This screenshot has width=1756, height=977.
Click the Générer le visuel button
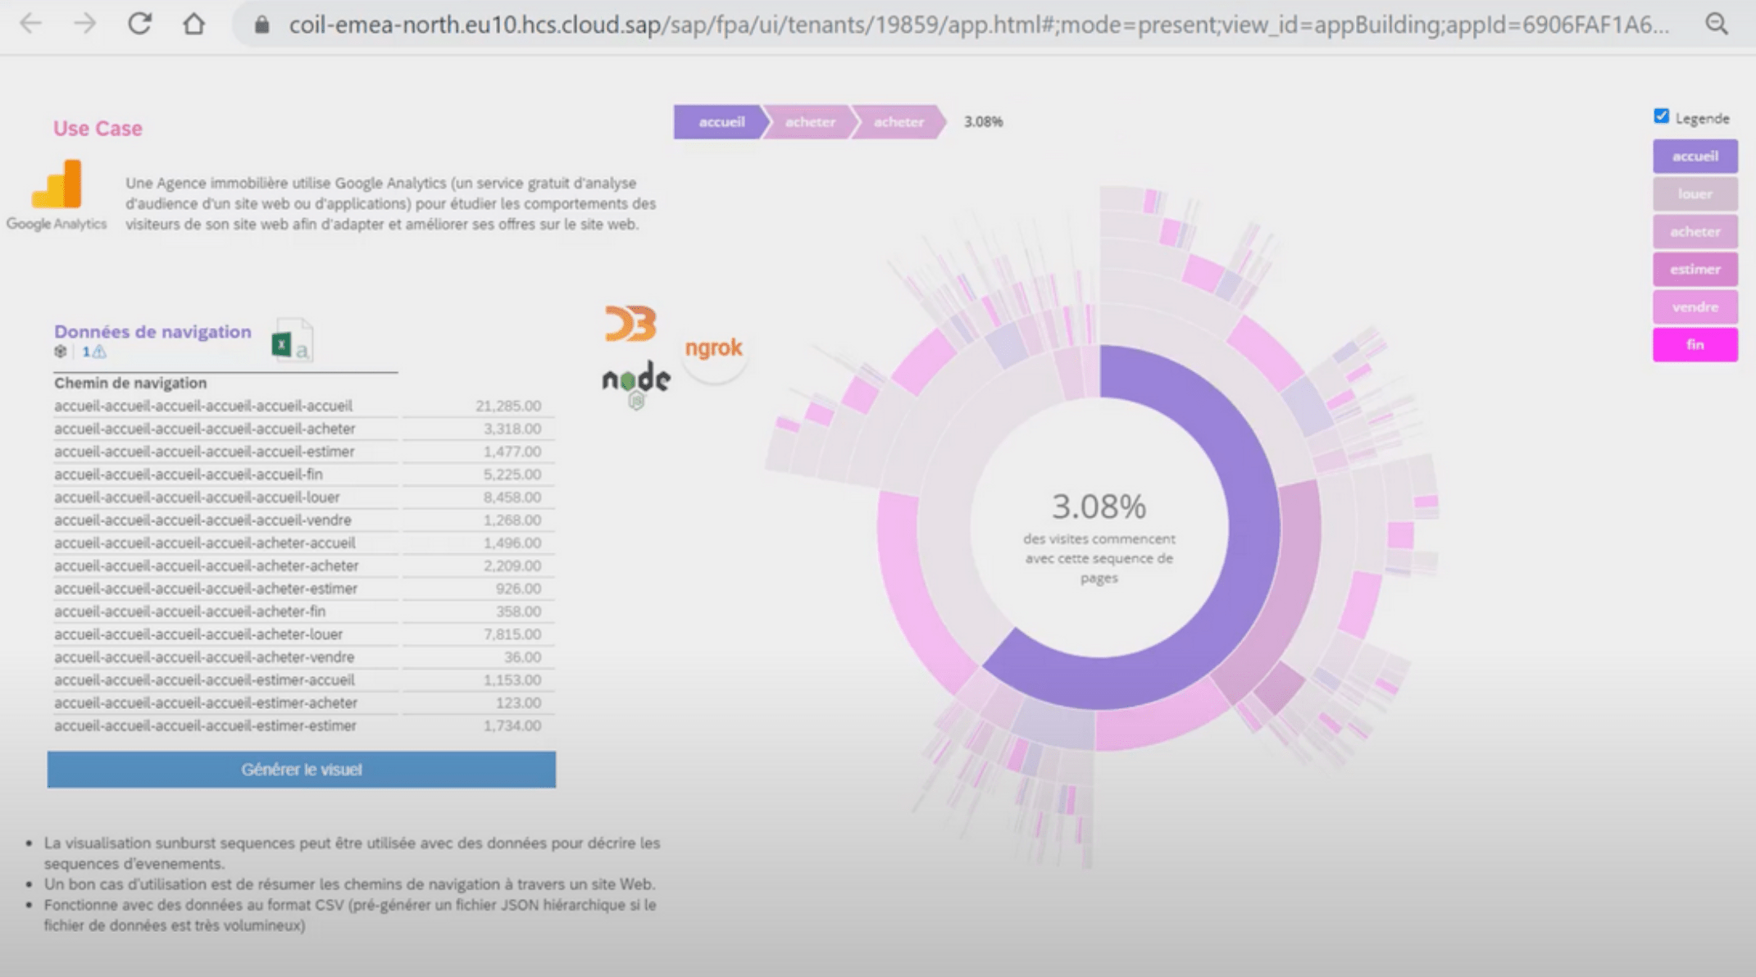coord(301,770)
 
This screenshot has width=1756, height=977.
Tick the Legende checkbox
coord(1662,116)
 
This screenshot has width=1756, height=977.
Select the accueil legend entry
coord(1695,157)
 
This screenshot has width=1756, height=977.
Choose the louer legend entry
coord(1695,194)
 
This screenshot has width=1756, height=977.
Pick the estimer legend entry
coord(1695,270)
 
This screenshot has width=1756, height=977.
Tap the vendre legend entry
coord(1695,307)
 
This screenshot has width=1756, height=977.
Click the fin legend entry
coord(1695,345)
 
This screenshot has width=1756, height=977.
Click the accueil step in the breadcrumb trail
coord(721,122)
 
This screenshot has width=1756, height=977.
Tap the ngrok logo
coord(714,348)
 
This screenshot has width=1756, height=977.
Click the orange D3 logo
coord(630,323)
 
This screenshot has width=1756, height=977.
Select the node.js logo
coord(636,381)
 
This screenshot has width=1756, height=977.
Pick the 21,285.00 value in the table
coord(508,406)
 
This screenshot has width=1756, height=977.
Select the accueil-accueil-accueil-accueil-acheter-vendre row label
coord(204,657)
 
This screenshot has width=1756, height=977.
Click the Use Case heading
coord(98,129)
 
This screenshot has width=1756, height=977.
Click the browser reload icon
coord(140,24)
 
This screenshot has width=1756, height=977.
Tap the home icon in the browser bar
coord(194,24)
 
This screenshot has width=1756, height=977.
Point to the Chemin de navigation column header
coord(130,383)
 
